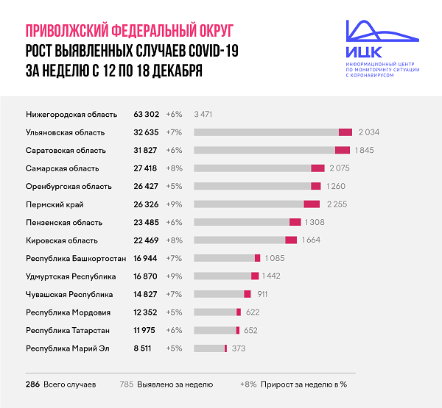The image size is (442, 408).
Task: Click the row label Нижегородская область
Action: tap(71, 114)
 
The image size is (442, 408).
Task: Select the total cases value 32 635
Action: tap(147, 132)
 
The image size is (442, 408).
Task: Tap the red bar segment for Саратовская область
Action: tap(343, 150)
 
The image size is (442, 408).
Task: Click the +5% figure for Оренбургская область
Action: tap(174, 186)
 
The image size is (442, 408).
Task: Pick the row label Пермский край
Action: tap(55, 204)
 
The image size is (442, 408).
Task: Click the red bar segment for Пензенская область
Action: tap(295, 222)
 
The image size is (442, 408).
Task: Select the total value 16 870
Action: tap(147, 276)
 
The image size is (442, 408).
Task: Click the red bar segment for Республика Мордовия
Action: tap(238, 312)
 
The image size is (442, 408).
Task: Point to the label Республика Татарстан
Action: tap(68, 330)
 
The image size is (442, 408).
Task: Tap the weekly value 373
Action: tap(239, 348)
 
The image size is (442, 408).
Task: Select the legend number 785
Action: tap(127, 384)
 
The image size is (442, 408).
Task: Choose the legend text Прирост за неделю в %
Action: tap(302, 384)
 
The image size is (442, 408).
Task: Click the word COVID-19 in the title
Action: tap(206, 51)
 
